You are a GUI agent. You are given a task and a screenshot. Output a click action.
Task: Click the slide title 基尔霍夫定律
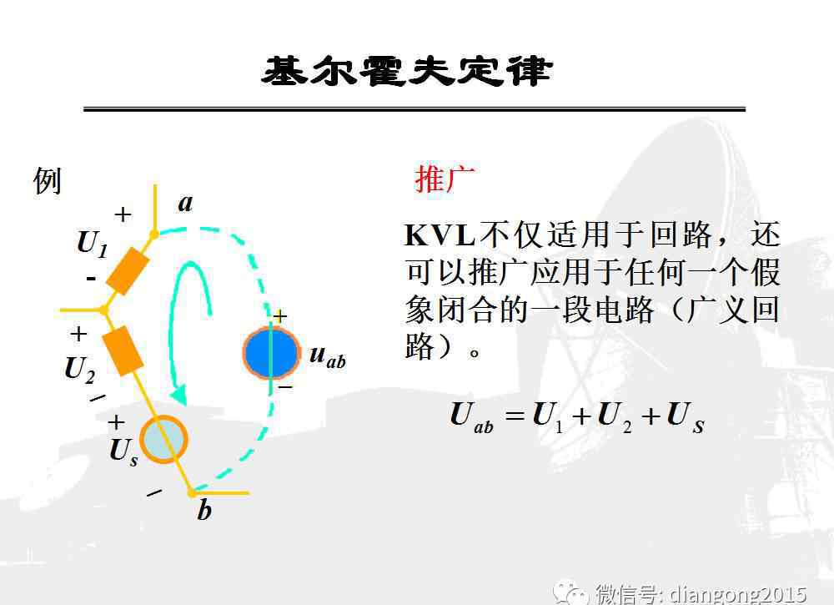point(407,71)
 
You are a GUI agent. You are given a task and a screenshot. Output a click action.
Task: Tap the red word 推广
point(445,179)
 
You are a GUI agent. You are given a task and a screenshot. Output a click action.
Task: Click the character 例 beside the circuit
point(47,181)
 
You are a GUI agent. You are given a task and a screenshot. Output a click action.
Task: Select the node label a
point(186,204)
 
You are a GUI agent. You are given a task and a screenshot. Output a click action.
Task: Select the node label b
point(204,510)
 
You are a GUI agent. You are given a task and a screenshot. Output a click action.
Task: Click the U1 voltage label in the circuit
point(93,244)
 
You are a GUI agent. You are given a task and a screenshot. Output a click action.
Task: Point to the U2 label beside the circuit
point(80,369)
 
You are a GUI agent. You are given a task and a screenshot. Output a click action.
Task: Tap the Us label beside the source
point(124,452)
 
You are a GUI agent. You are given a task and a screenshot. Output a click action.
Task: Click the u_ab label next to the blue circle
point(328,355)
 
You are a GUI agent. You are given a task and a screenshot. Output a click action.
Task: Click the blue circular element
point(271,353)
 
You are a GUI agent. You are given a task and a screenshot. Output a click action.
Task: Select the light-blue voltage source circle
point(163,440)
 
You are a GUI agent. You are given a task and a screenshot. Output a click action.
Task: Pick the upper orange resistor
point(128,271)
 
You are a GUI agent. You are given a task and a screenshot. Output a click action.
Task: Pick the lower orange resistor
point(123,351)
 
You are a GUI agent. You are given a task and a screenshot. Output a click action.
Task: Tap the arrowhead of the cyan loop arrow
point(178,395)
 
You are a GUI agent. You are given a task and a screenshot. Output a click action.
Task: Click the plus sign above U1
point(123,214)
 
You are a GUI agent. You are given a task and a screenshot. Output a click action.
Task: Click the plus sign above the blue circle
point(279,316)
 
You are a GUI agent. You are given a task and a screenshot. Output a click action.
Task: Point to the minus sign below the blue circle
point(285,387)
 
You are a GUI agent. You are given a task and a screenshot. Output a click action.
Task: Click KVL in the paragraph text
point(440,235)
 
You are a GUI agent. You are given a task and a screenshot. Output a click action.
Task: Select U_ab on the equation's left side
point(471,417)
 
